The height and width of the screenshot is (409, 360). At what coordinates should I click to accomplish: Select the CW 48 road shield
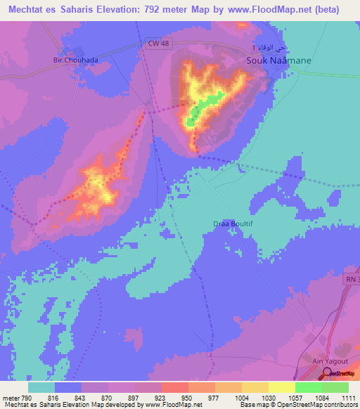(160, 44)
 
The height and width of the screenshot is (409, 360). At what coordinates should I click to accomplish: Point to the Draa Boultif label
(232, 223)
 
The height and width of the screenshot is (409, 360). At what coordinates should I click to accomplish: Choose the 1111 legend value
(347, 397)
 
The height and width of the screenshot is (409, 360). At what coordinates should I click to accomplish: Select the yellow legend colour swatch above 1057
(281, 387)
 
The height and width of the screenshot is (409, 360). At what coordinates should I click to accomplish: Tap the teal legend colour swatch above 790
(41, 387)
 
